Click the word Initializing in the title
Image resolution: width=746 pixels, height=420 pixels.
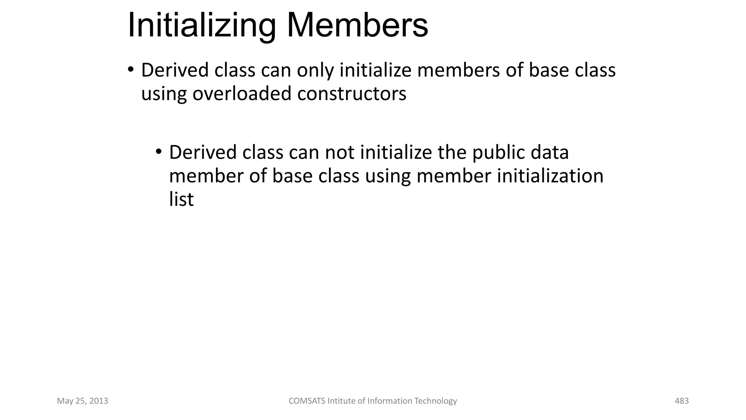(201, 26)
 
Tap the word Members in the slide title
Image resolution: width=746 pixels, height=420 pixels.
(357, 26)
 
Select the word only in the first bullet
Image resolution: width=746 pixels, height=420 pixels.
(315, 70)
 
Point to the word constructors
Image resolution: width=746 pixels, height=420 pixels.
(352, 94)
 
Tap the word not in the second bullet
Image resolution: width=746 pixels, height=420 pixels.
(339, 152)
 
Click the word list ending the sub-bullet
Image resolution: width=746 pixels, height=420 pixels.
(181, 199)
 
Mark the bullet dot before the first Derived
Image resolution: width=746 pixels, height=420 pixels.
(131, 69)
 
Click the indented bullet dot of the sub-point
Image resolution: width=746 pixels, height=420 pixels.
(158, 151)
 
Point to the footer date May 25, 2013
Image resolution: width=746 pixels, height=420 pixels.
(83, 401)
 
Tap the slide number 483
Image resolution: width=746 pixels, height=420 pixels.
(682, 401)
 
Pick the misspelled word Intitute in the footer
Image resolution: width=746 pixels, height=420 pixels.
(341, 401)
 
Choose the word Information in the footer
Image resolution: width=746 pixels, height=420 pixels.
(390, 401)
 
